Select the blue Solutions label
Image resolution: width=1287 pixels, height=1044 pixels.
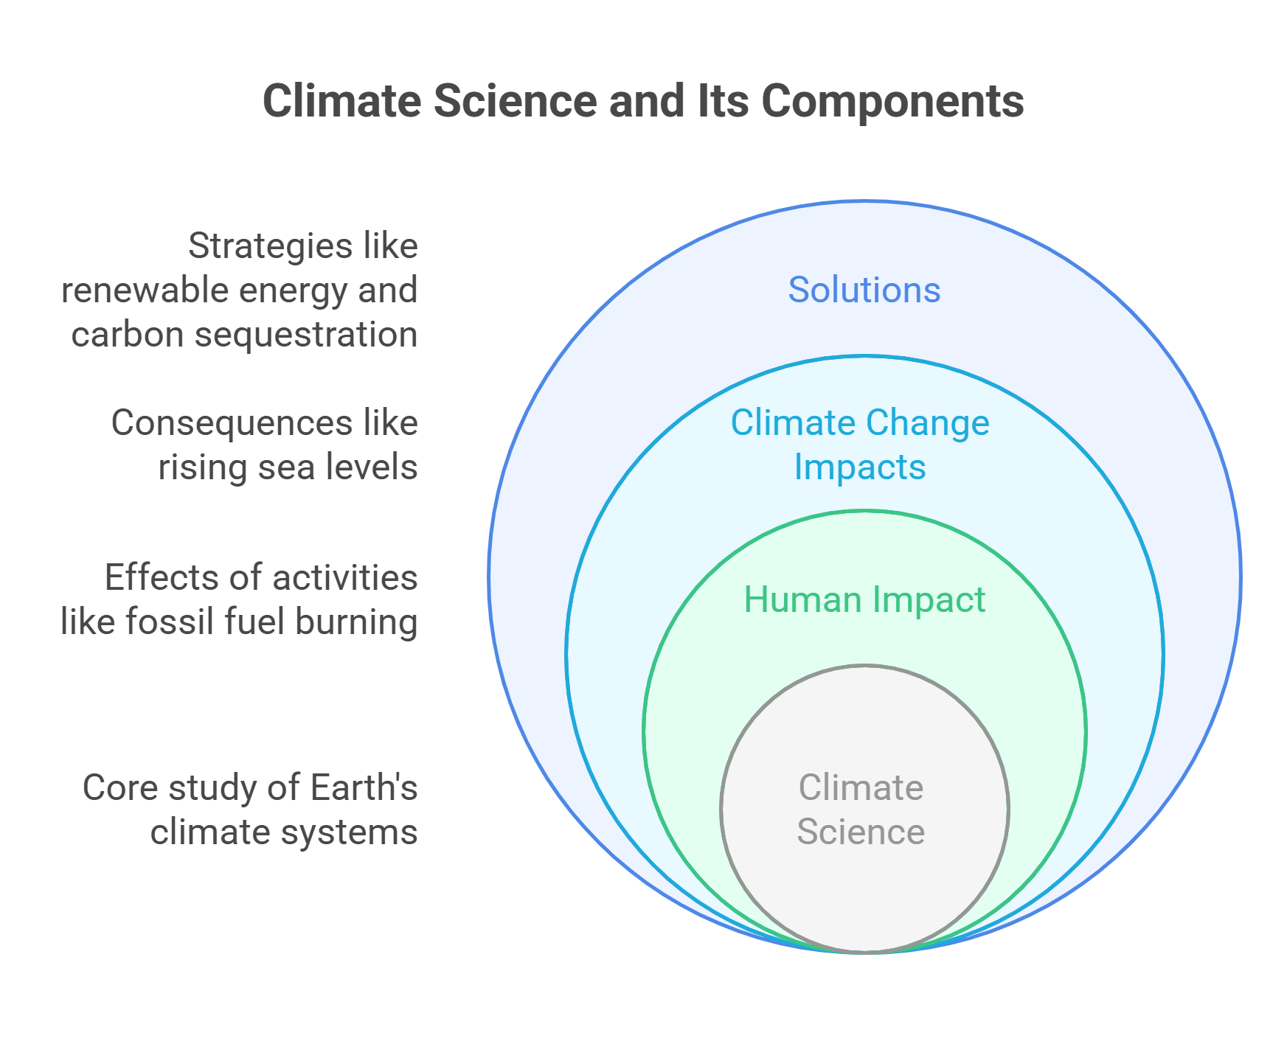click(x=864, y=290)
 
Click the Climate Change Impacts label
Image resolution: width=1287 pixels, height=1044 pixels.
click(x=860, y=445)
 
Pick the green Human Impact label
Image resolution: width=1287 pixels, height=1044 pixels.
click(x=864, y=599)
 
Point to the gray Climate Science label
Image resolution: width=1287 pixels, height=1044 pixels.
click(x=861, y=810)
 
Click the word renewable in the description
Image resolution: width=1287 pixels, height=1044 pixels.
click(x=145, y=290)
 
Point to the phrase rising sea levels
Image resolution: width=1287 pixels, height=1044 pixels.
click(x=288, y=467)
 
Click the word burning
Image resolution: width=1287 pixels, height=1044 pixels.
click(x=356, y=622)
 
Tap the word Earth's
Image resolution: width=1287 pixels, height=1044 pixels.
click(x=364, y=787)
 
